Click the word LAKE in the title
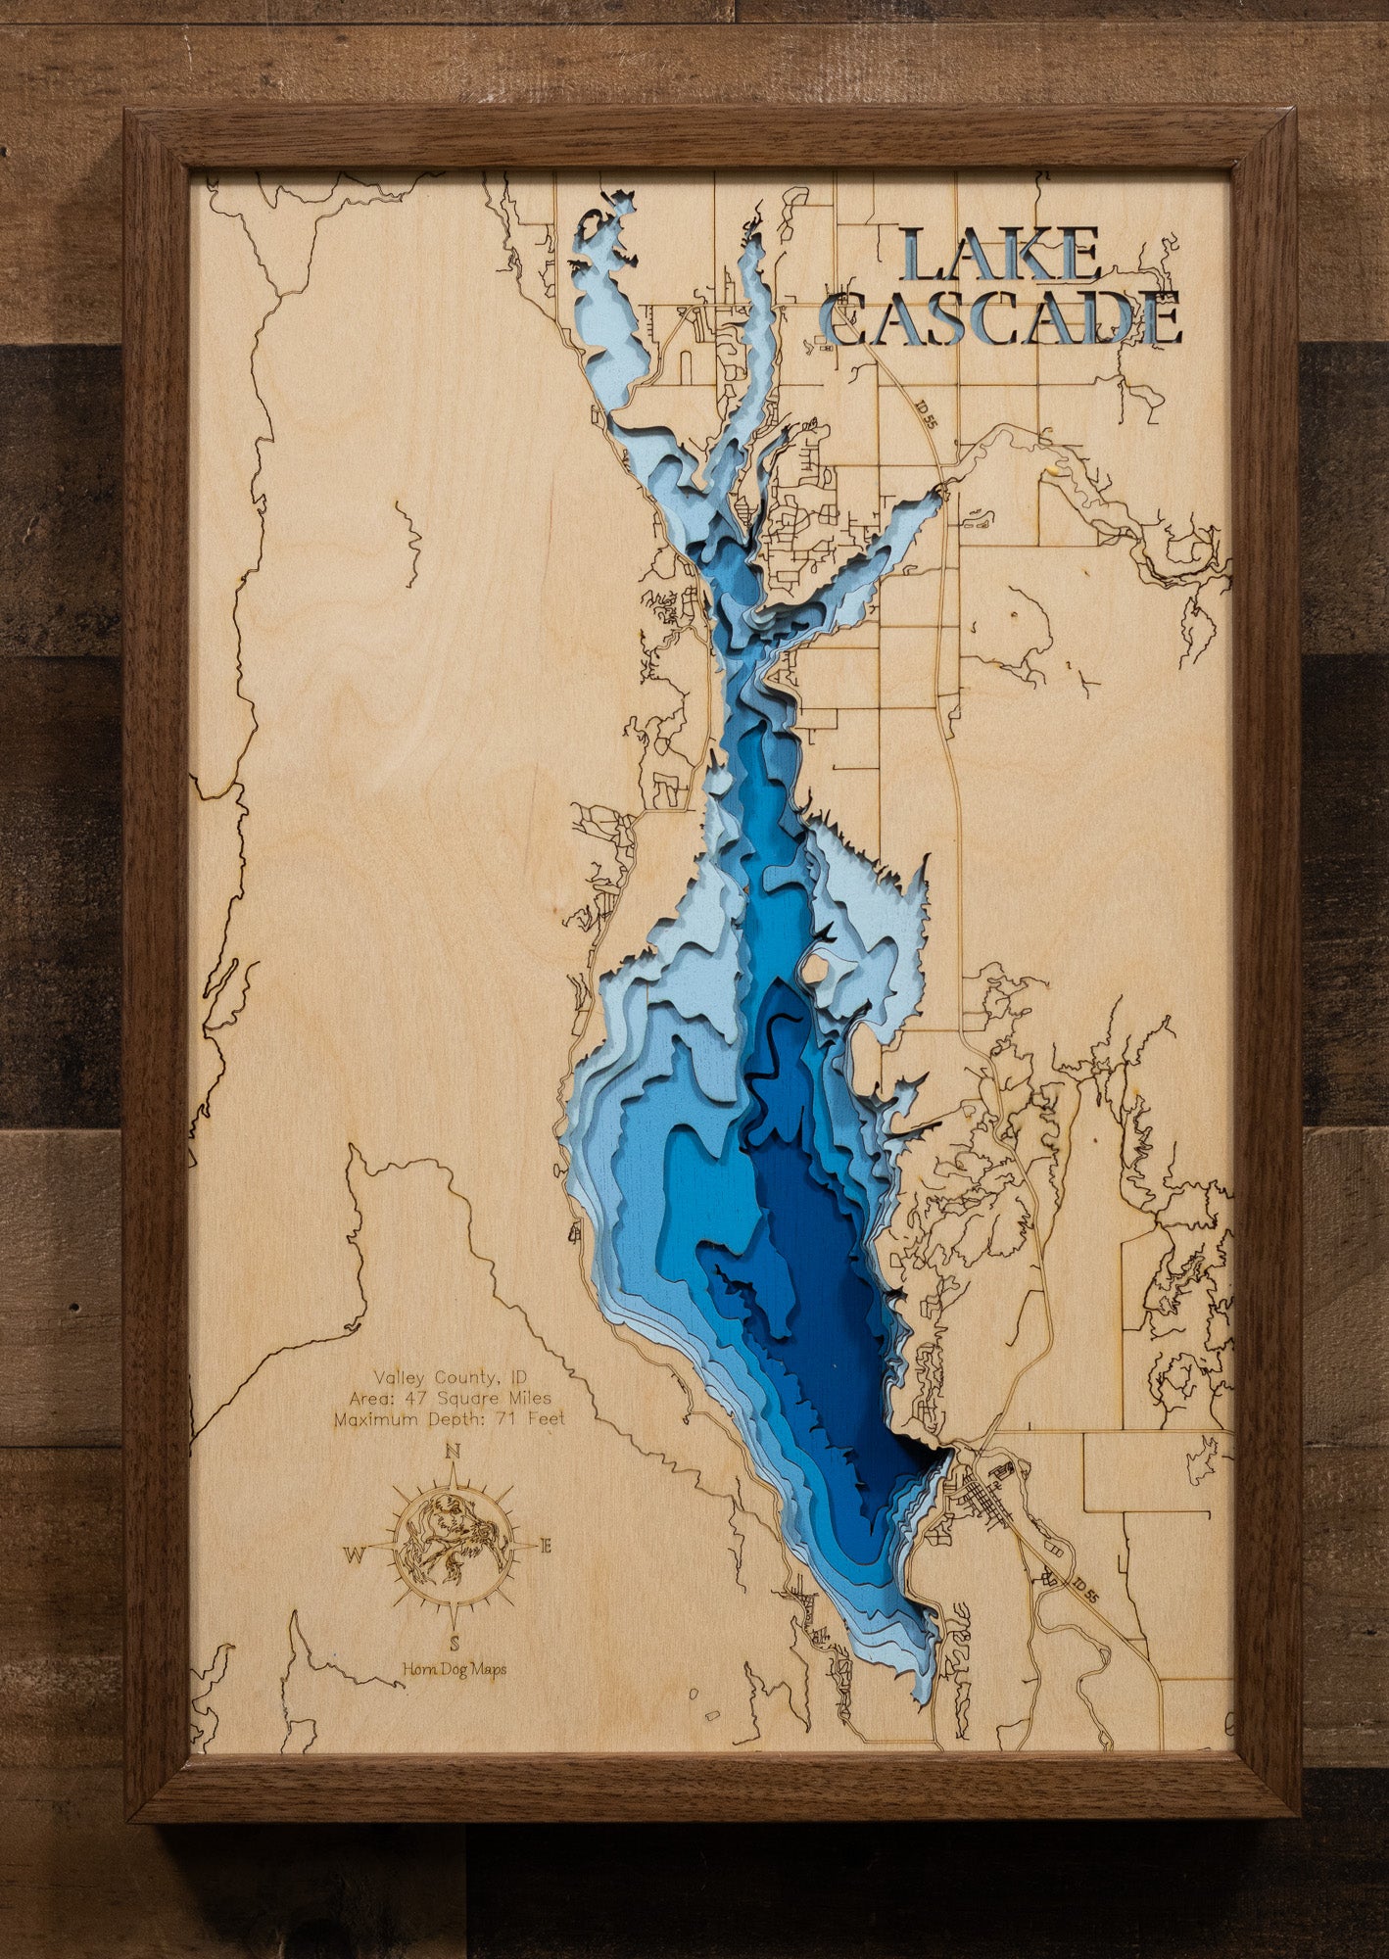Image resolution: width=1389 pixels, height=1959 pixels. coord(1001,257)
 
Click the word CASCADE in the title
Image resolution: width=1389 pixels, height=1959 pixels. coord(1001,318)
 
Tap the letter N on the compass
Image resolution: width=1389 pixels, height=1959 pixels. coord(453,1452)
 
